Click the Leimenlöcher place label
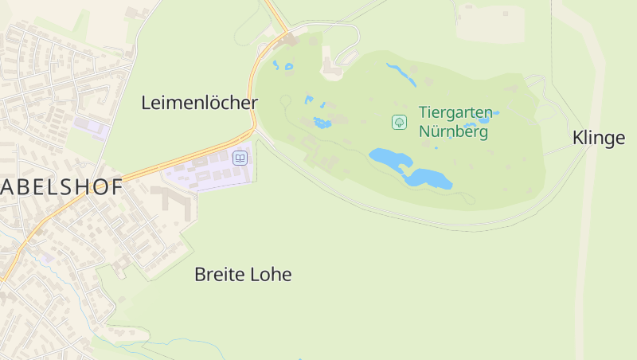[x=199, y=103]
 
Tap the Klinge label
[x=598, y=138]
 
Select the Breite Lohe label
[x=243, y=275]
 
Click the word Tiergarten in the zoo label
[x=455, y=113]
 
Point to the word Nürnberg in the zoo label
[x=453, y=131]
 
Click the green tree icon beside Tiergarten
[x=399, y=122]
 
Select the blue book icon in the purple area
[x=240, y=158]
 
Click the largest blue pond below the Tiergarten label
[x=390, y=157]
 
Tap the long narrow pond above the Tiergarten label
[x=401, y=74]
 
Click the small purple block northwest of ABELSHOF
[x=90, y=126]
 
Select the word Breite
[x=219, y=275]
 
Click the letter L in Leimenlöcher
[x=147, y=103]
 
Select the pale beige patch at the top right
[x=490, y=24]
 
